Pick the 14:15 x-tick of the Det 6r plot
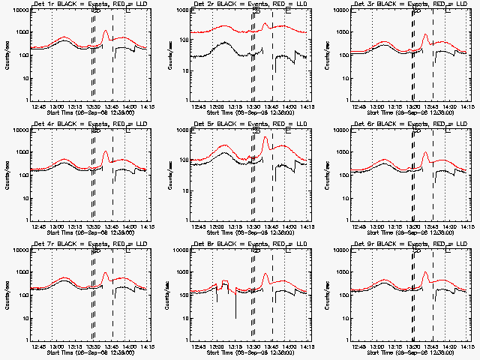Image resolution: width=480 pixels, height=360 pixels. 467,226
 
